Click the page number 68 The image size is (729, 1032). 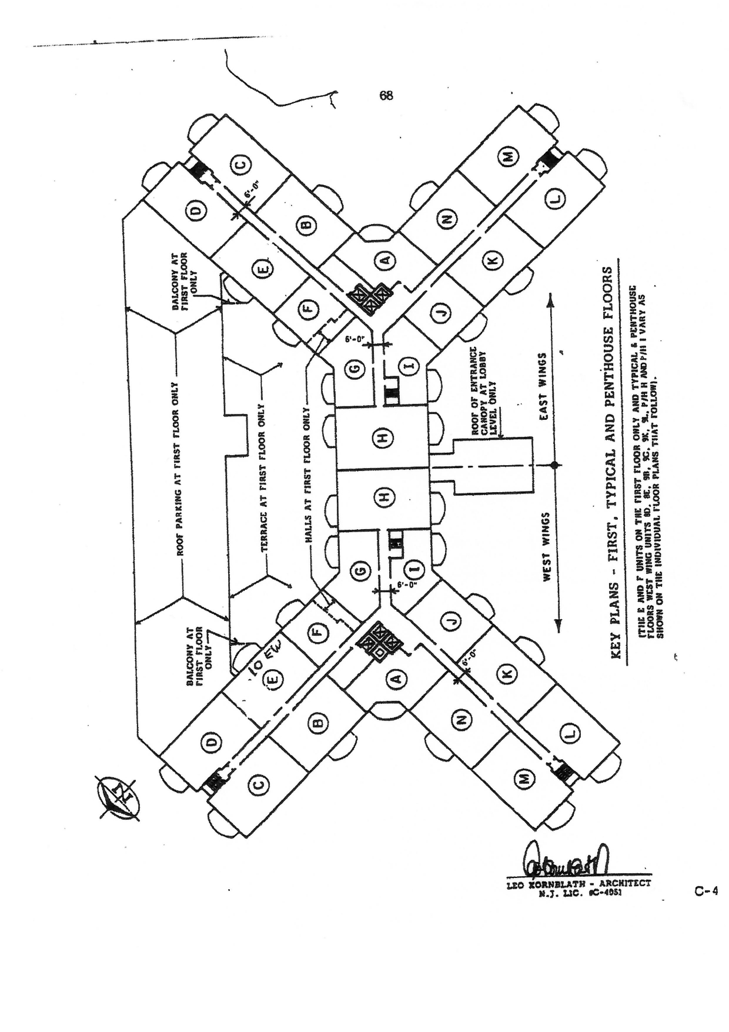[386, 96]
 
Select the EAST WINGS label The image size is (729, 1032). [544, 386]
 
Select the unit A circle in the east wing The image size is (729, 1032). [387, 260]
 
